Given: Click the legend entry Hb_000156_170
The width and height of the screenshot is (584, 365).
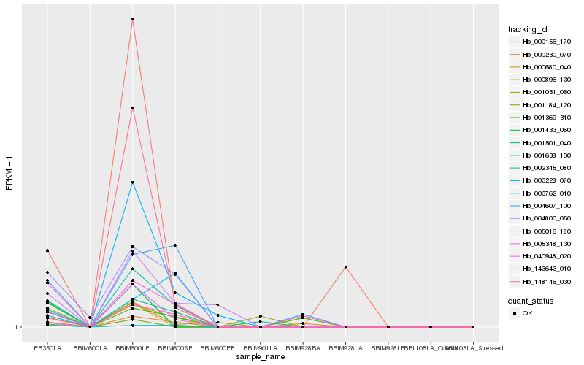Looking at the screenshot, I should [x=540, y=42].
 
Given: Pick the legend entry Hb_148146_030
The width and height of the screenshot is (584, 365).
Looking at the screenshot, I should [x=540, y=282].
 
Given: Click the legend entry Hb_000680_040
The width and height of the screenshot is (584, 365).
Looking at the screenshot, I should [x=540, y=67].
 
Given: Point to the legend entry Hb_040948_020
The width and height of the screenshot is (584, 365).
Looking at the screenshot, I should [x=540, y=256].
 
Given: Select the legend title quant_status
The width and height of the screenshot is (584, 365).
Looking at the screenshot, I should [x=531, y=300].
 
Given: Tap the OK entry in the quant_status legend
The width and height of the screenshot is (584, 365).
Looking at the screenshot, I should [x=528, y=313].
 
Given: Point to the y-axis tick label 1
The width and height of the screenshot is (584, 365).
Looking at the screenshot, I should [x=17, y=327].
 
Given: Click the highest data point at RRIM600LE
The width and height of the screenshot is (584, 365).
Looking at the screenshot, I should [x=132, y=19].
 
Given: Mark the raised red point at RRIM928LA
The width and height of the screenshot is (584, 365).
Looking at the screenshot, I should [x=345, y=267].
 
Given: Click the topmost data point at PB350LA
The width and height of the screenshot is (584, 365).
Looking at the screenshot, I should [x=47, y=250].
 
